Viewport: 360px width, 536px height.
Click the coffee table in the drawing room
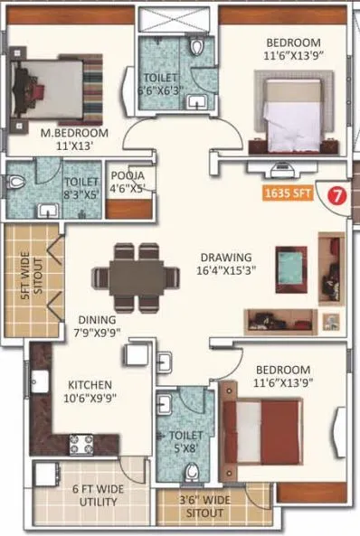[x=290, y=268]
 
